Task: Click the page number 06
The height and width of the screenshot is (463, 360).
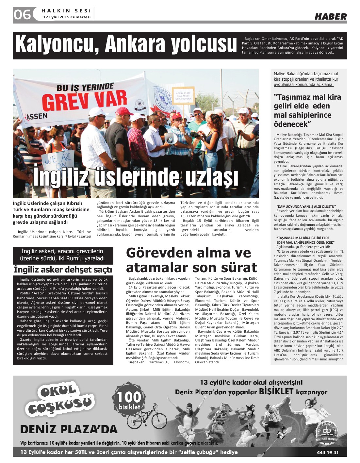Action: pyautogui.click(x=22, y=14)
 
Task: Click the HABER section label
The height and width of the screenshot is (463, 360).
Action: pyautogui.click(x=330, y=17)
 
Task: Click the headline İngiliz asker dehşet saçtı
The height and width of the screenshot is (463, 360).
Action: pyautogui.click(x=63, y=270)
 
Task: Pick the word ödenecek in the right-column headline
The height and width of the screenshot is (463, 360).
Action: pyautogui.click(x=291, y=124)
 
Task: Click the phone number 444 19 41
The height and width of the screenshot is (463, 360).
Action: pyautogui.click(x=327, y=453)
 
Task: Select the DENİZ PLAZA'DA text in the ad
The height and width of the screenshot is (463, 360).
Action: pyautogui.click(x=69, y=429)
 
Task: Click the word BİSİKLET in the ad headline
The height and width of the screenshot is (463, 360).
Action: pyautogui.click(x=276, y=391)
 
